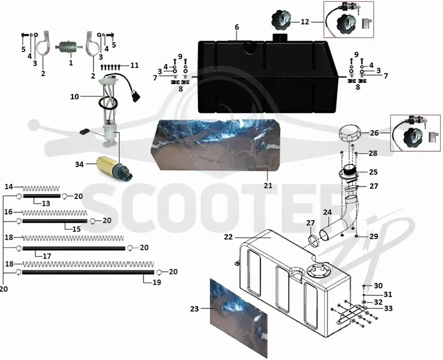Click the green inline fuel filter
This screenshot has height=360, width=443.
pyautogui.click(x=69, y=47)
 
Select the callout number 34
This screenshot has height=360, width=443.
pyautogui.click(x=79, y=164)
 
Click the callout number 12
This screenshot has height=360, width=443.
pyautogui.click(x=305, y=22)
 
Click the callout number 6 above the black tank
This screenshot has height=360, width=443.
pyautogui.click(x=237, y=27)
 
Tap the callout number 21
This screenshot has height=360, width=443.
pyautogui.click(x=268, y=186)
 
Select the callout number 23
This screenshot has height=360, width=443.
pyautogui.click(x=194, y=309)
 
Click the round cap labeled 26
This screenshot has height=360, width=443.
pyautogui.click(x=350, y=133)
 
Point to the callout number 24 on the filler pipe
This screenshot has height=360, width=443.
pyautogui.click(x=327, y=212)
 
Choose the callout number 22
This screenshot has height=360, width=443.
pyautogui.click(x=228, y=237)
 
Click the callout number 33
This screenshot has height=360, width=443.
pyautogui.click(x=388, y=308)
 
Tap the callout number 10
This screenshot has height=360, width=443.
pyautogui.click(x=75, y=96)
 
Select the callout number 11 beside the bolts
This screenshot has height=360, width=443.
pyautogui.click(x=135, y=65)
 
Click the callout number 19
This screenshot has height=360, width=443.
pyautogui.click(x=157, y=282)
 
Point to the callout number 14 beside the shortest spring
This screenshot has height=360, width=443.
pyautogui.click(x=9, y=187)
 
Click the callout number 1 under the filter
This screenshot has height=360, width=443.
pyautogui.click(x=71, y=63)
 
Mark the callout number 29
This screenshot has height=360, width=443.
pyautogui.click(x=374, y=236)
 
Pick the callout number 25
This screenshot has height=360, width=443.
pyautogui.click(x=373, y=172)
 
